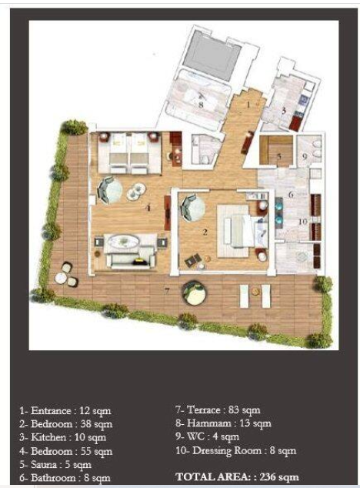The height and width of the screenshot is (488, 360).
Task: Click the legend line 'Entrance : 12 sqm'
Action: pos(65,411)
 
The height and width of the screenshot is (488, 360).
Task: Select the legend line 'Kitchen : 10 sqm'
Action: pos(62,437)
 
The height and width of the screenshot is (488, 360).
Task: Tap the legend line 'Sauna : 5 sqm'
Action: pos(55,465)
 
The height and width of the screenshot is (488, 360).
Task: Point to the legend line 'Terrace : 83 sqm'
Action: pos(218,410)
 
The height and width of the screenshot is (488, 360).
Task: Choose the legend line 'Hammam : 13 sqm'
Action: pos(223,423)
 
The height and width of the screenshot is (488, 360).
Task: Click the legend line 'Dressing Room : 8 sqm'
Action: pos(236,450)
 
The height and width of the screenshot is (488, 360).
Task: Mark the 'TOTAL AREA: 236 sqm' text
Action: pos(237,476)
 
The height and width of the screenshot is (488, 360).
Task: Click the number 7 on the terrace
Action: pos(167,291)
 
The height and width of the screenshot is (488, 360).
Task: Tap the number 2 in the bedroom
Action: pos(205,232)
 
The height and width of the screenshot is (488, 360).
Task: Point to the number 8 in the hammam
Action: pos(201,105)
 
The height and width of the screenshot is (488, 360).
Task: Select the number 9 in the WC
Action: pos(305,156)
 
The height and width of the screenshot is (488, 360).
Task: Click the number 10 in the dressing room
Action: pos(303,222)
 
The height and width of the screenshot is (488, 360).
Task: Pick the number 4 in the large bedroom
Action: pos(148,207)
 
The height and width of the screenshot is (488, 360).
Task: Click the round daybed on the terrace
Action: pos(194,293)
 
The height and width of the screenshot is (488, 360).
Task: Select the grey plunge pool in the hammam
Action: pos(212,55)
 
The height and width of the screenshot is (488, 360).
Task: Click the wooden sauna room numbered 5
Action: pos(276,151)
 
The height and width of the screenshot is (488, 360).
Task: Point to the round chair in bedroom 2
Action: pos(193,208)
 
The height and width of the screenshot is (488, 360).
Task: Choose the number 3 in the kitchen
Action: pos(283,111)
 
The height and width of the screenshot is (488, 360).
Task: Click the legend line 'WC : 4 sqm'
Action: pos(207,436)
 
